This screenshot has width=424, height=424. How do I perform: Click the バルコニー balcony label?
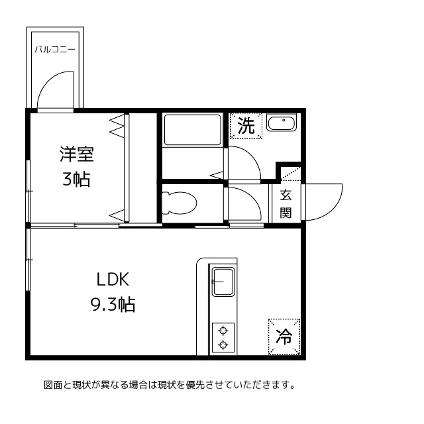55,50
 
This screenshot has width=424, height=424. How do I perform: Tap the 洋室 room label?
76,155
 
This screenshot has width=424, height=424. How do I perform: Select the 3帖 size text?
76,179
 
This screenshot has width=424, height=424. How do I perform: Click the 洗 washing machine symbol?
246,126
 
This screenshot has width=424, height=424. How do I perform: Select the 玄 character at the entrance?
286,195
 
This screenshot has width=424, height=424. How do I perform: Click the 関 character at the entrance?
286,213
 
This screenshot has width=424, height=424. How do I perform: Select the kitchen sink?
222,283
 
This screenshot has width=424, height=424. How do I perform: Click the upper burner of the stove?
223,331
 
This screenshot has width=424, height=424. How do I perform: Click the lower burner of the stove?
223,344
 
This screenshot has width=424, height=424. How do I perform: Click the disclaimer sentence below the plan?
169,385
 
